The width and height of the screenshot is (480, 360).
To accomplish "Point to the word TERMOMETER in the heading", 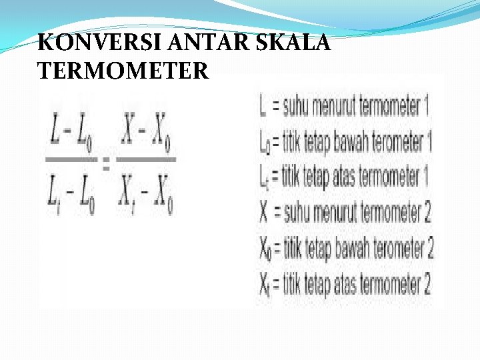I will tap(123, 69).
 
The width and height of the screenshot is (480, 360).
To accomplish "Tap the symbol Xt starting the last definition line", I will tap(266, 287).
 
